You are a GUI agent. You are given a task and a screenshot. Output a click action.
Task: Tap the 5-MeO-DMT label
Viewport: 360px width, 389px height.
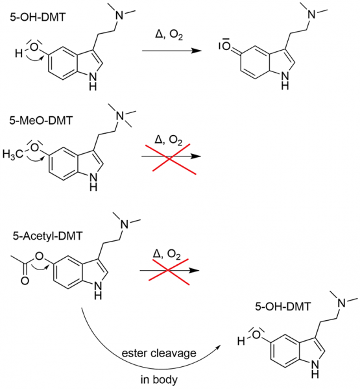(42, 121)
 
